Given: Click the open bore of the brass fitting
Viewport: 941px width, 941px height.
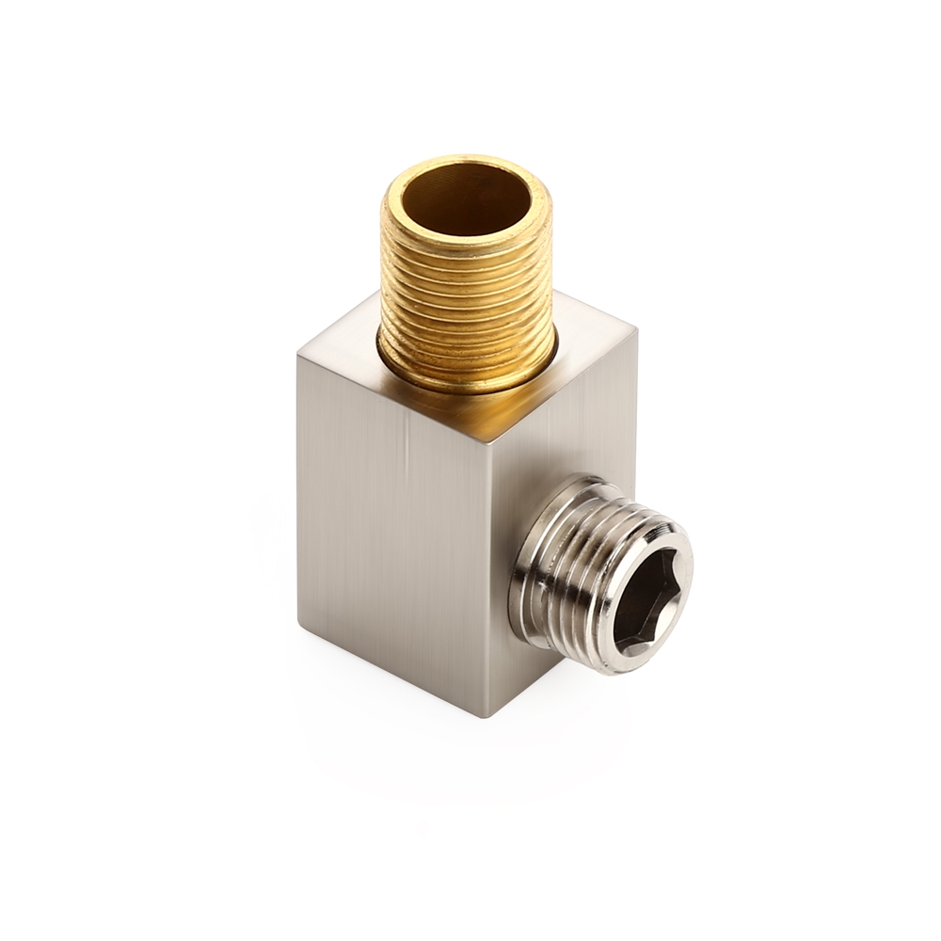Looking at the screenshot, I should pos(467,199).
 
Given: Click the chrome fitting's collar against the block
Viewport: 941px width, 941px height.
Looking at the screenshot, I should pos(523,574).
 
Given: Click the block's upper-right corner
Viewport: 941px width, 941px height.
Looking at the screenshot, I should pos(636,330).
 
